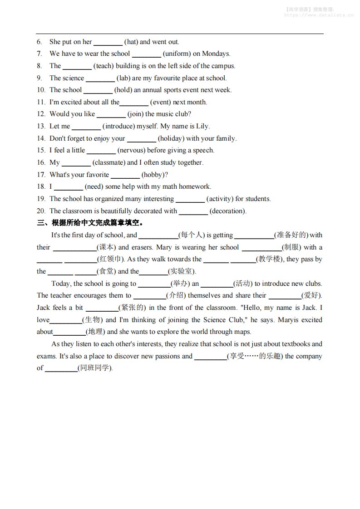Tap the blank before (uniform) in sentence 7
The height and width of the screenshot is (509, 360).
146,54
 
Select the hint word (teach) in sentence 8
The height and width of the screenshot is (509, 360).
104,66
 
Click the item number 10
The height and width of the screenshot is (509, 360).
41,90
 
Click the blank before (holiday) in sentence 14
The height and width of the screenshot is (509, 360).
141,138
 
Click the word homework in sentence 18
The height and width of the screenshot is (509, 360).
195,186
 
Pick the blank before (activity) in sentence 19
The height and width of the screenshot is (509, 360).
190,199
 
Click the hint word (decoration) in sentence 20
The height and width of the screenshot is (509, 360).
228,211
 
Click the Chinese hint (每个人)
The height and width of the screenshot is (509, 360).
192,235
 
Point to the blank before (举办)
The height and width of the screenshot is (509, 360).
154,284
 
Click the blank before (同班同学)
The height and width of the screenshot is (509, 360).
61,368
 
